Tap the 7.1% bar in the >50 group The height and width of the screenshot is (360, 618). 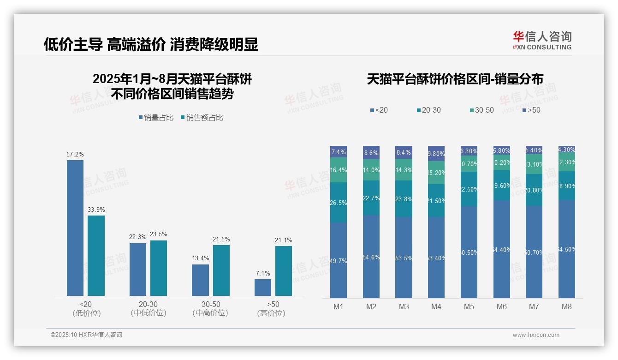click(263, 287)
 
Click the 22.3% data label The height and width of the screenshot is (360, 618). click(137, 237)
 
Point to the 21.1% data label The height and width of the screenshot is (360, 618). click(283, 240)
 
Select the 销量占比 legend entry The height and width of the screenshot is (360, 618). click(156, 118)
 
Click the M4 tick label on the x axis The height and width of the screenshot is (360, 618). click(436, 307)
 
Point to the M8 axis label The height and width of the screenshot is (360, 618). click(567, 307)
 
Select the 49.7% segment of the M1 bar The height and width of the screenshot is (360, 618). click(339, 260)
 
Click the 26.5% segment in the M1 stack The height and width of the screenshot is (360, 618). click(339, 203)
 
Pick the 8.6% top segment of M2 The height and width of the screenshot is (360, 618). click(371, 152)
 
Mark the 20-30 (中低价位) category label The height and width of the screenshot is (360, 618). click(149, 309)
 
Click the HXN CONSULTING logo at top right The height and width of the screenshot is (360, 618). click(542, 41)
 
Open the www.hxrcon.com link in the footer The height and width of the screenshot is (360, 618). click(536, 335)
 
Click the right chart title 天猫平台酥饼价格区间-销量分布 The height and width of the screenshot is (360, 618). click(455, 79)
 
